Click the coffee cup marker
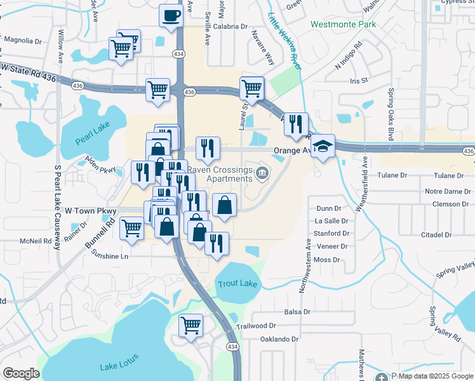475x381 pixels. point(171,15)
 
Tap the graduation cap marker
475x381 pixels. point(323,146)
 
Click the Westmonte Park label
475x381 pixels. point(343,25)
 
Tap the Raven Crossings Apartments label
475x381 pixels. point(220,174)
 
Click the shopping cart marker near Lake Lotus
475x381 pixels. point(191,325)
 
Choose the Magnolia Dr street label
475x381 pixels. point(22,41)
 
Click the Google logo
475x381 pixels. point(21,373)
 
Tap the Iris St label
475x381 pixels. point(359,81)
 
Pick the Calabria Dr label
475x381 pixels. point(230,27)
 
